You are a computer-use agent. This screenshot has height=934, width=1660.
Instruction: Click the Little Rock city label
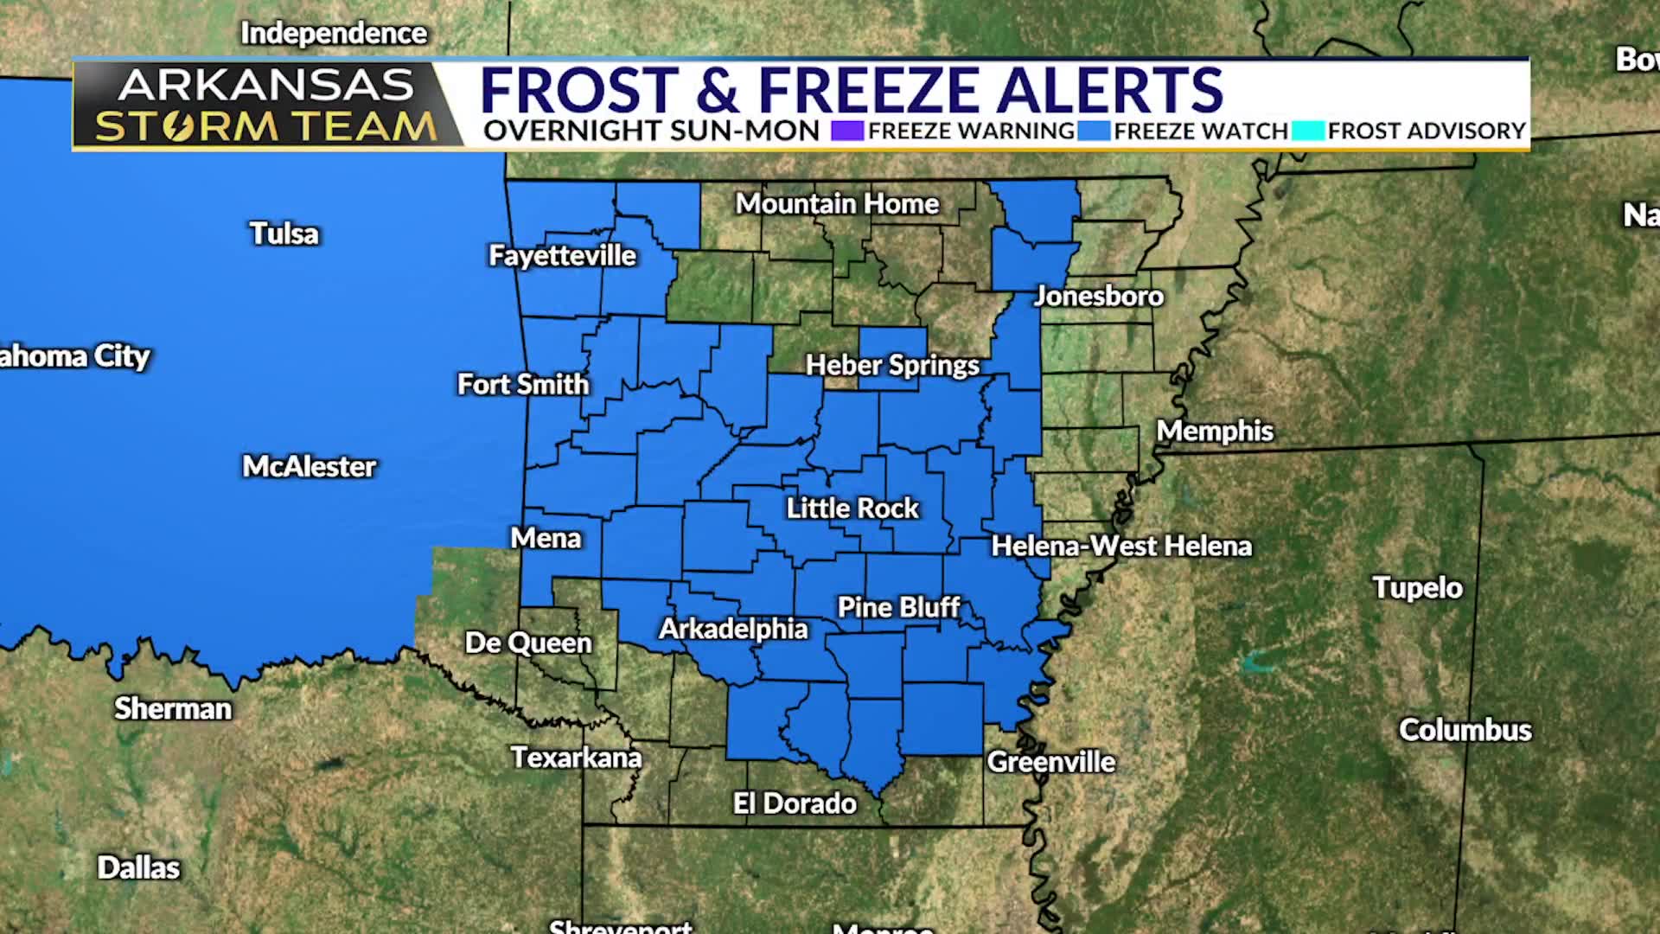tap(852, 508)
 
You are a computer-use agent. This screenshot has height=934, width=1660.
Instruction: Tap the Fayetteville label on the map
tap(562, 255)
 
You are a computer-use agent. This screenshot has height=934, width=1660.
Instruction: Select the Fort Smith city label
tap(522, 384)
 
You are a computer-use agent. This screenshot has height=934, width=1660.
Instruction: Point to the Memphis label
tap(1215, 431)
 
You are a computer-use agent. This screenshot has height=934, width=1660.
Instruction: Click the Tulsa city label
tap(284, 233)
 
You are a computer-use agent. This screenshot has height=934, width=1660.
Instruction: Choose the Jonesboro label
tap(1098, 296)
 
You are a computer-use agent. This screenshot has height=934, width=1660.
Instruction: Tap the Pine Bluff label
tap(898, 607)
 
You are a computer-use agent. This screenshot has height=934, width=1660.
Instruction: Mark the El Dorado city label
tap(795, 803)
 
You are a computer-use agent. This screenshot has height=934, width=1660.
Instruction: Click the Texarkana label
tap(576, 758)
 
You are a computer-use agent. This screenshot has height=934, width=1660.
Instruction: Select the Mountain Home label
tap(837, 203)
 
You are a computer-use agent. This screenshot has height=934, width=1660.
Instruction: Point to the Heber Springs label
tap(892, 365)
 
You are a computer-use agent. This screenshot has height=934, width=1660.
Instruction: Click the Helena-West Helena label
tap(1120, 546)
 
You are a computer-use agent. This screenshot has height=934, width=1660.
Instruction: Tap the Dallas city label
tap(138, 867)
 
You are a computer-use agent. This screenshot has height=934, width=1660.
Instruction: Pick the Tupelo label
tap(1417, 588)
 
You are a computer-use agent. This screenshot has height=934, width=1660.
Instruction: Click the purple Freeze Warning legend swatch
tap(847, 131)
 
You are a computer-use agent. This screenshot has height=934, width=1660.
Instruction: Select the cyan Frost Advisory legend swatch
tap(1308, 131)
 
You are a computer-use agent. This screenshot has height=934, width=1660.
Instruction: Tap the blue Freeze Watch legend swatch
tap(1094, 131)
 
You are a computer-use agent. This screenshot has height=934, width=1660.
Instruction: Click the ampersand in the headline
tap(718, 90)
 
